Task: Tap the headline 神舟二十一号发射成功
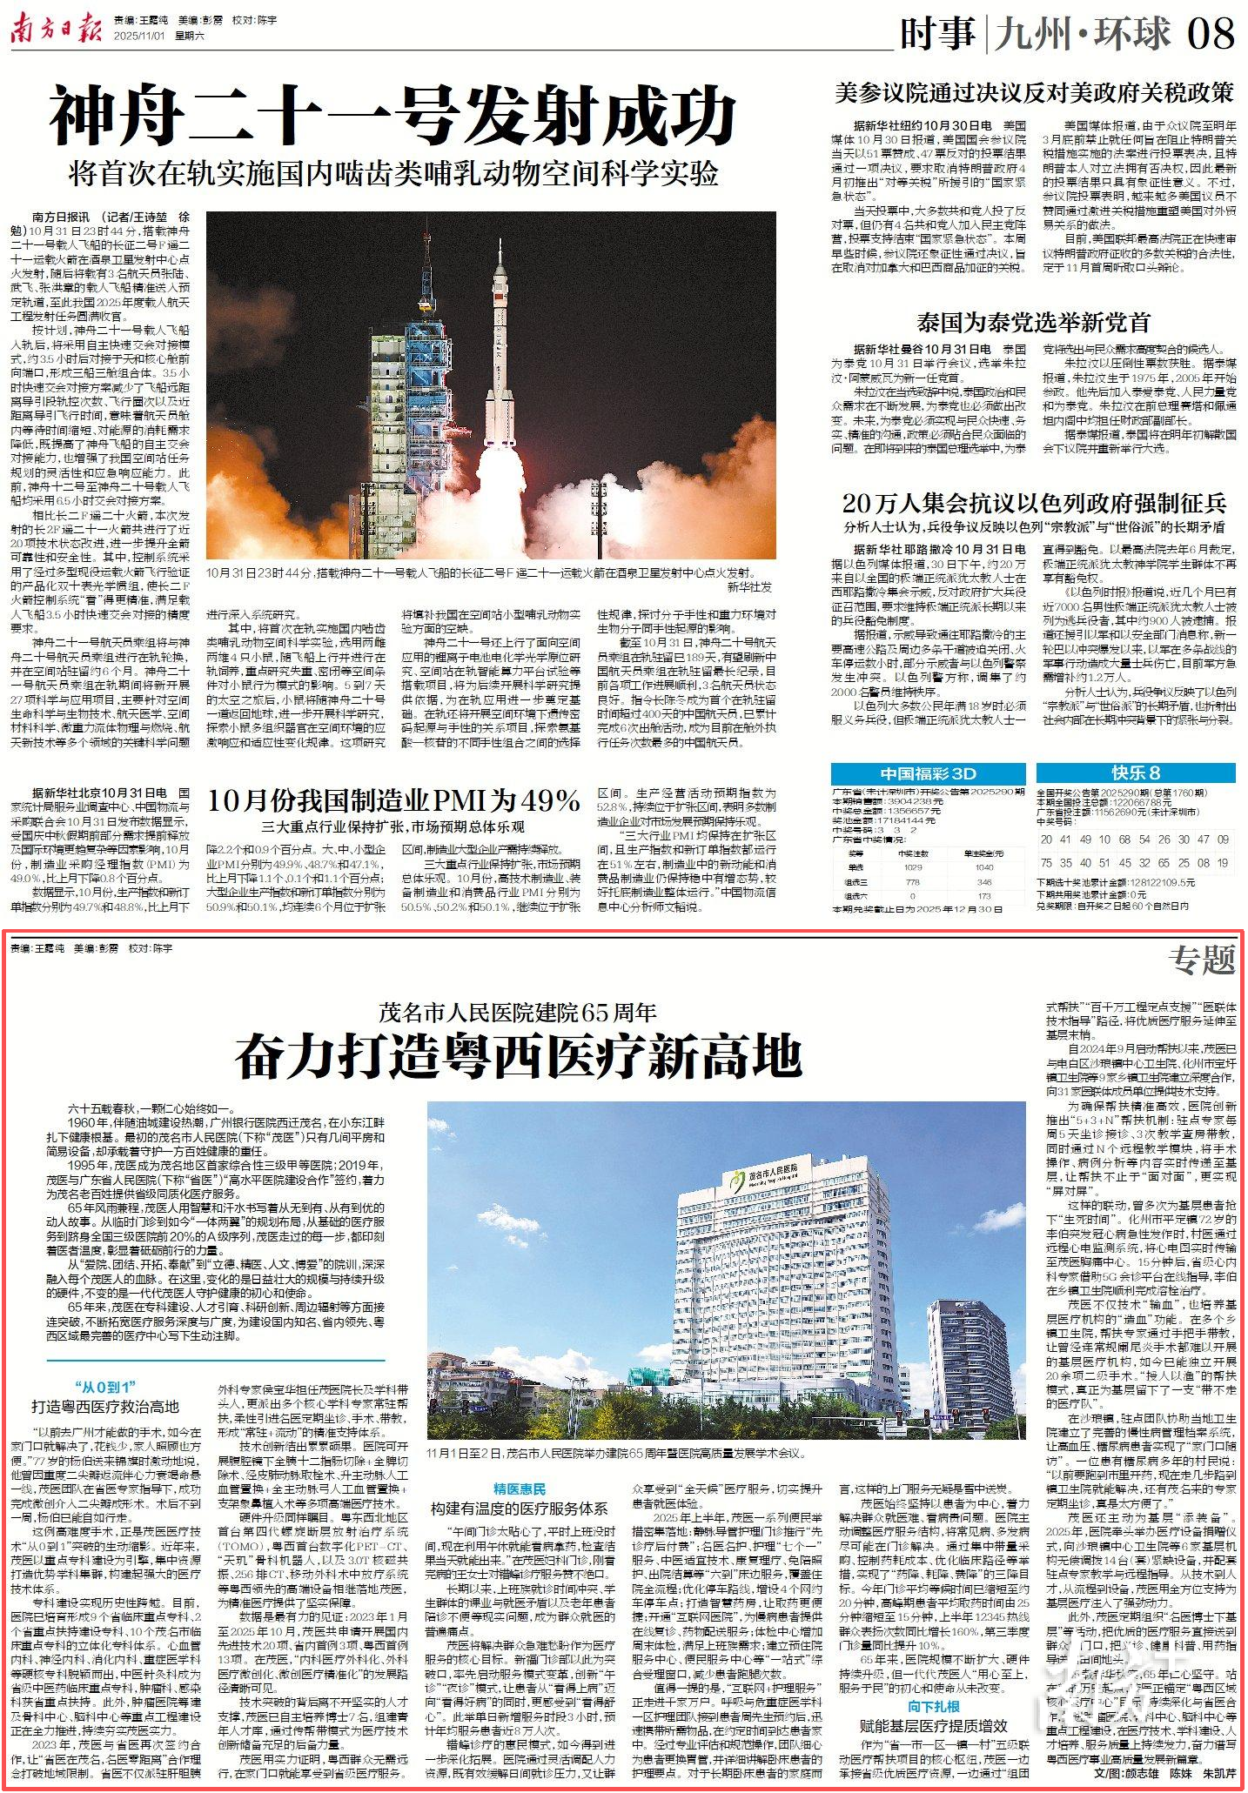(x=393, y=116)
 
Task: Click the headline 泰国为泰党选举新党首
(x=1033, y=322)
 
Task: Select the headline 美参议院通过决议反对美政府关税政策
(x=1034, y=92)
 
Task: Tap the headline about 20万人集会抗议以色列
(x=1034, y=503)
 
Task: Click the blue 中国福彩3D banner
(x=928, y=773)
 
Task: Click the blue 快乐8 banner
(x=1136, y=773)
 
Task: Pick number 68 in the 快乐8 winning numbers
(x=1125, y=840)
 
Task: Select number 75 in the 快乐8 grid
(x=1047, y=863)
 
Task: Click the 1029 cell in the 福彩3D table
(x=912, y=866)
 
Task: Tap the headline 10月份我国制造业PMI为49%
(x=394, y=799)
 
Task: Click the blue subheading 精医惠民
(x=520, y=1489)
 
